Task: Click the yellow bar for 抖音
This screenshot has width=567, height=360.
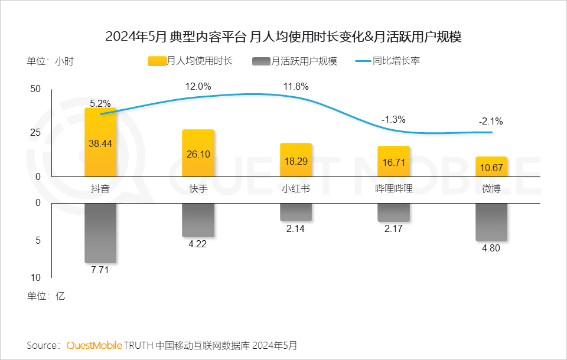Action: [x=100, y=142]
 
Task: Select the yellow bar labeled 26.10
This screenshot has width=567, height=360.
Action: [x=198, y=153]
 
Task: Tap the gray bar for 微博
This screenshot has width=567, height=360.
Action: [x=491, y=222]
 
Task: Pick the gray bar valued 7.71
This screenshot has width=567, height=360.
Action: [x=100, y=233]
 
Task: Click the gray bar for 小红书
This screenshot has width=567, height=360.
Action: [x=295, y=212]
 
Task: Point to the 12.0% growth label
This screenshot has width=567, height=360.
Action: [x=198, y=87]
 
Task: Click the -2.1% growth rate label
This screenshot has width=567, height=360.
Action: [x=491, y=122]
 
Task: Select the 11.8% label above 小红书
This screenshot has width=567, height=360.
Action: [x=295, y=87]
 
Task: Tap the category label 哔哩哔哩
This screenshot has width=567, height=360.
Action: [x=393, y=189]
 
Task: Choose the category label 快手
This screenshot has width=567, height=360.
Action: [x=198, y=189]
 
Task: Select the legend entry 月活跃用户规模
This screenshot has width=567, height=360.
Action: [x=295, y=61]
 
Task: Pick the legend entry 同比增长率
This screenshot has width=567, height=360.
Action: [x=387, y=61]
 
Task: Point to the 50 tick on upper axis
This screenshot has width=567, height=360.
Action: [x=35, y=89]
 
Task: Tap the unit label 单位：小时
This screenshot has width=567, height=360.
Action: [x=50, y=61]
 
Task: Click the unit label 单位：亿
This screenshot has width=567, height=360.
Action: [x=45, y=296]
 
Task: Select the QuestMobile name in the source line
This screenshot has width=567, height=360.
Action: [x=94, y=345]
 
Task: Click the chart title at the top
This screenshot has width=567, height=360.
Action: [x=283, y=37]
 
